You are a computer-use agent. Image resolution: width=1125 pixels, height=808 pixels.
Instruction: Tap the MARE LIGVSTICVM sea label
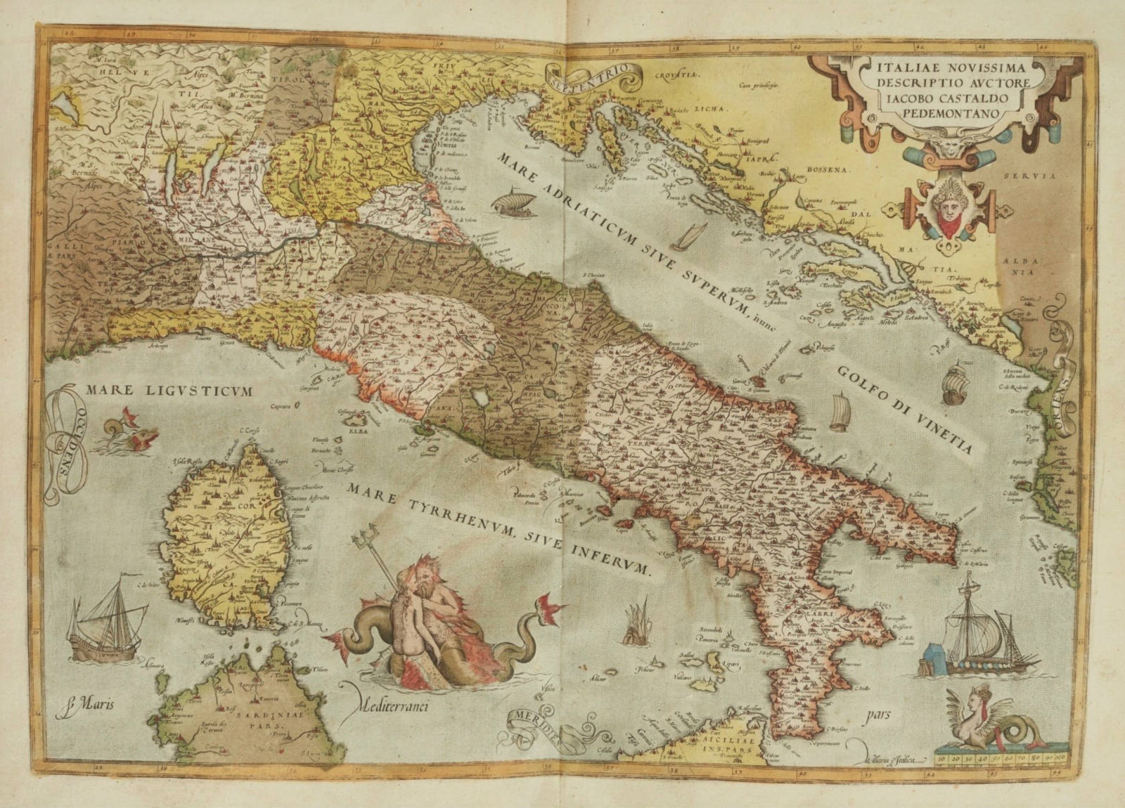pyautogui.click(x=168, y=389)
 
